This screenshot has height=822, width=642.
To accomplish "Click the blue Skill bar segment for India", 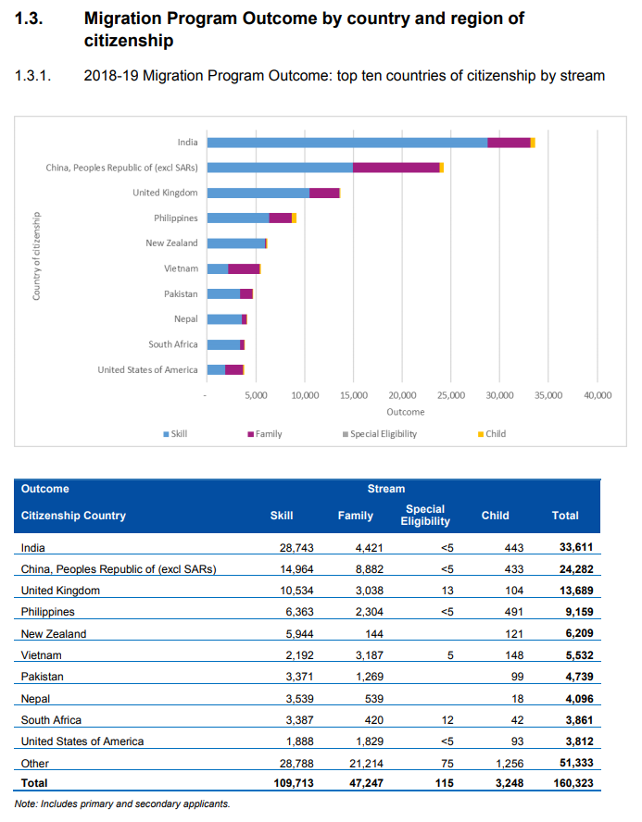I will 347,142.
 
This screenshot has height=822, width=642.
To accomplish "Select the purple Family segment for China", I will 396,168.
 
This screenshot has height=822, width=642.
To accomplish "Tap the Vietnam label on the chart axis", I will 181,268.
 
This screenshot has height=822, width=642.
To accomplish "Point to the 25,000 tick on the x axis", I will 450,395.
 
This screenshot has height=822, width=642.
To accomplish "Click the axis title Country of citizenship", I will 36,256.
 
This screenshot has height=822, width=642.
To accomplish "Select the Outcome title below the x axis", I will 406,412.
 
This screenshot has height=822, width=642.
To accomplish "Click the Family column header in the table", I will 356,516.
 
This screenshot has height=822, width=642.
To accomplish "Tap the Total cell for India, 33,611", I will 573,548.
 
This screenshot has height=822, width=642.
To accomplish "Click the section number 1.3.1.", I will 33,76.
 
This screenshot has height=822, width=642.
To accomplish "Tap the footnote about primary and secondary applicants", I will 122,803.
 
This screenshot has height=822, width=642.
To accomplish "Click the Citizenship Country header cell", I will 73,516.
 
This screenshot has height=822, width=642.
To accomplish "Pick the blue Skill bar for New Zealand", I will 236,243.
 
